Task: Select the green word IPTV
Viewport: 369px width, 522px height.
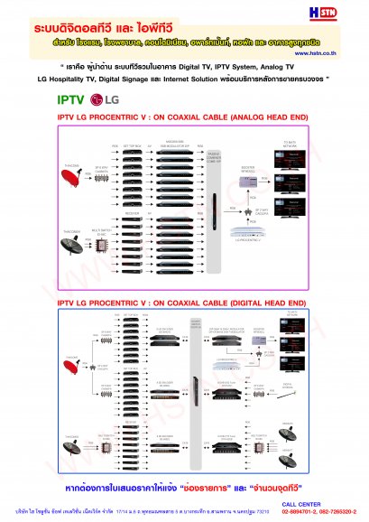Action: (73, 98)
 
